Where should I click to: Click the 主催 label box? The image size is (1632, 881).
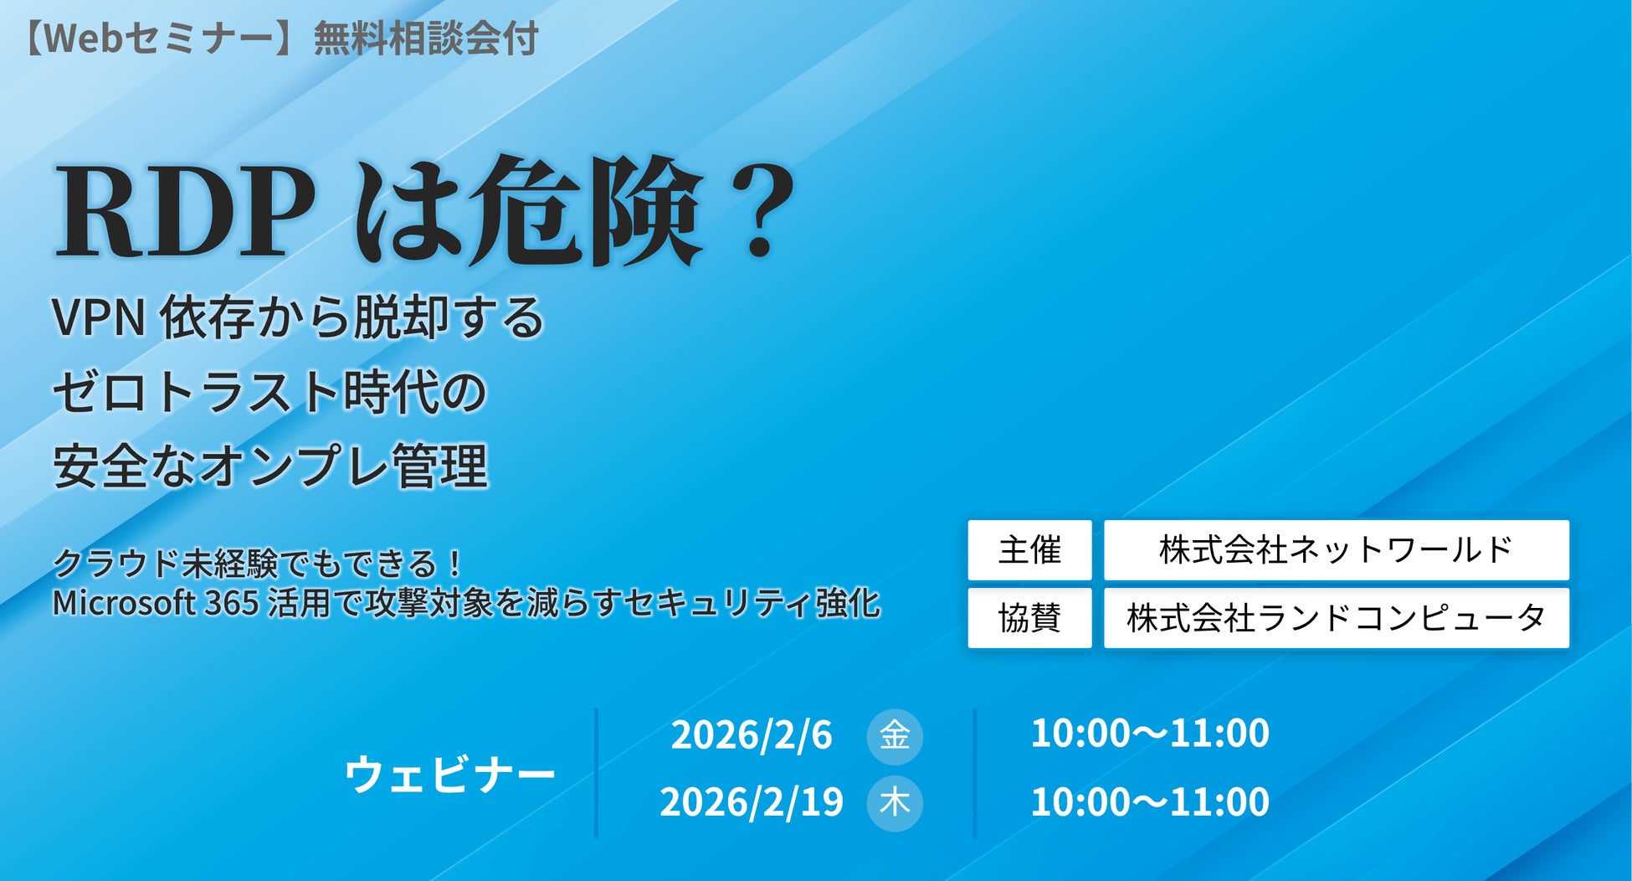1029,550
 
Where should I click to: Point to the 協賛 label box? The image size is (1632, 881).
1029,618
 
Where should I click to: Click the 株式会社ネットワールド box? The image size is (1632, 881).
1337,550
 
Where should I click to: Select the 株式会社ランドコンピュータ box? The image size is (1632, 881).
1337,618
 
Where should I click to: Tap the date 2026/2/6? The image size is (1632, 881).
752,735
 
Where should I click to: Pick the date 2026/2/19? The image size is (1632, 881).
752,802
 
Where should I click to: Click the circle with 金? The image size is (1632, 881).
895,736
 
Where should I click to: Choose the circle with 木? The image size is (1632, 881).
895,803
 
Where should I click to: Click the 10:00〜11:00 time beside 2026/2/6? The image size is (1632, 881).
1150,734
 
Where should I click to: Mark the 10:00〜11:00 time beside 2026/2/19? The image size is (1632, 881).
1150,802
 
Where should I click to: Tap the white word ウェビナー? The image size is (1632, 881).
450,774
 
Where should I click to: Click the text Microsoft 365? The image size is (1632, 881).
156,603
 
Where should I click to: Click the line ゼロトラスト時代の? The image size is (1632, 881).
269,392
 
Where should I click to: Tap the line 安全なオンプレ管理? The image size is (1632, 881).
270,466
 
